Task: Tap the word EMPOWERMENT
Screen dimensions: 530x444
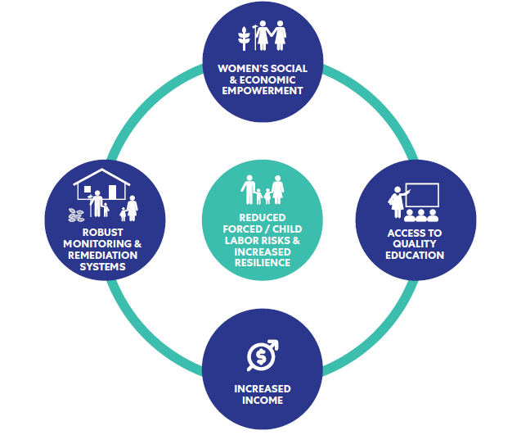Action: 263,91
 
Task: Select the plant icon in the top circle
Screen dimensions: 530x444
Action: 244,39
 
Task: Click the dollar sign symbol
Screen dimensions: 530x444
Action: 261,356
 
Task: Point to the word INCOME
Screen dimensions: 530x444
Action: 263,400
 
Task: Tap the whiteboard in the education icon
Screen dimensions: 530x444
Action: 422,195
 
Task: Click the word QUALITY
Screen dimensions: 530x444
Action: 415,243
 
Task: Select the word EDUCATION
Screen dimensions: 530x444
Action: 415,255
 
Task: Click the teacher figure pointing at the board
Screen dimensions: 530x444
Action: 397,202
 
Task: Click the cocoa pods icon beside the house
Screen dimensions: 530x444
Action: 76,215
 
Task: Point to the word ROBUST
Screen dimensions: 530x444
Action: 102,233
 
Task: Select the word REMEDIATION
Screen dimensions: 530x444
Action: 103,255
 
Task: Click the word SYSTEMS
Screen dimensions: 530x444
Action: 102,267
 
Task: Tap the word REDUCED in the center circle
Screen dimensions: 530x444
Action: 263,218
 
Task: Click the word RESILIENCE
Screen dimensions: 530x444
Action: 263,263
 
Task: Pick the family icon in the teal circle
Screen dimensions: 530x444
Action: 263,190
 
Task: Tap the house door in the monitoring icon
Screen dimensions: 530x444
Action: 113,192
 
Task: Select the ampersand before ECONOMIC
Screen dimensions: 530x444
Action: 233,79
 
